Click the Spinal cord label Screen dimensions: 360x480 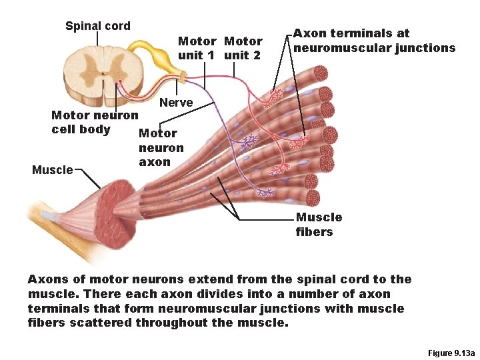[97, 27]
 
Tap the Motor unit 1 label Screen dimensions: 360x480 [196, 48]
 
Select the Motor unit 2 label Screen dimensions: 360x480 [243, 48]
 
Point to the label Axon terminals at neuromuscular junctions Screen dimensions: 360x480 [374, 41]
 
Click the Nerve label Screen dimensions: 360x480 [176, 103]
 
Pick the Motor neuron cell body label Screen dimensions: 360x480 [94, 122]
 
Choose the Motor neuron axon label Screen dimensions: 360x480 [161, 147]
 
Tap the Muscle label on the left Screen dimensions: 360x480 [53, 170]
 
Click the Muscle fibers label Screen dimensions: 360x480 [319, 225]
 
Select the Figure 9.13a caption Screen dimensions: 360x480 [445, 353]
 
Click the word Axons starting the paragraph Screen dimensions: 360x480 [47, 279]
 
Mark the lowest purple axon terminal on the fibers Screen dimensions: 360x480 [265, 193]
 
